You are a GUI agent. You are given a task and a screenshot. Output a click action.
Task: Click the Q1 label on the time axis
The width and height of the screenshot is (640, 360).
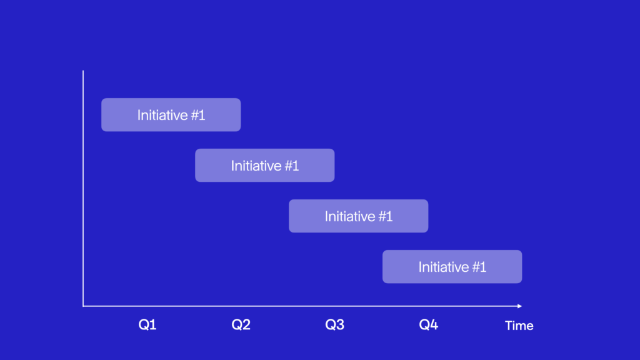pyautogui.click(x=147, y=324)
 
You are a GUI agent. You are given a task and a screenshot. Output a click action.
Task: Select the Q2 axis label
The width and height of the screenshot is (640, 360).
pyautogui.click(x=241, y=324)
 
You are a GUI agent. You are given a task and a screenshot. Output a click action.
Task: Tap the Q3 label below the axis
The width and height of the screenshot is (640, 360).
pyautogui.click(x=335, y=324)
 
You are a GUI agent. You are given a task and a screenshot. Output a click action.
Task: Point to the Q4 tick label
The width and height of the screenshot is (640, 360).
pyautogui.click(x=429, y=324)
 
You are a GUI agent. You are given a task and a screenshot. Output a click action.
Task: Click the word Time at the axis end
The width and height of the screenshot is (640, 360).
pyautogui.click(x=519, y=325)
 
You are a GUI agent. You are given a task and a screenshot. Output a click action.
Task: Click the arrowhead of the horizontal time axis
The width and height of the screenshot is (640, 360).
pyautogui.click(x=519, y=306)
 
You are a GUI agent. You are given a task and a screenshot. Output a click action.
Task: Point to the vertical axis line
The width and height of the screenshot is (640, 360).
pyautogui.click(x=83, y=188)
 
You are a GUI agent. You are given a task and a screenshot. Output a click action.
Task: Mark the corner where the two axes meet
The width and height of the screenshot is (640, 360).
pyautogui.click(x=83, y=306)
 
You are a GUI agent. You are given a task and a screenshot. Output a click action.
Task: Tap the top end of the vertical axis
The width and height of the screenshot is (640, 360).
pyautogui.click(x=83, y=71)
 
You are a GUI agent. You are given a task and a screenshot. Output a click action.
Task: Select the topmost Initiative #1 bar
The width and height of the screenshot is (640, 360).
pyautogui.click(x=171, y=115)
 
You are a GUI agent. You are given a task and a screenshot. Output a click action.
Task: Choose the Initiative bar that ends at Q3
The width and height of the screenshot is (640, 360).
pyautogui.click(x=265, y=165)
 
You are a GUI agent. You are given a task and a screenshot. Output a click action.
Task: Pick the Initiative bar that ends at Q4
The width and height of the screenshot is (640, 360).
pyautogui.click(x=358, y=216)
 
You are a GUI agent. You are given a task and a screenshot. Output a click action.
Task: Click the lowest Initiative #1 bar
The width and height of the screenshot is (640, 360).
pyautogui.click(x=452, y=266)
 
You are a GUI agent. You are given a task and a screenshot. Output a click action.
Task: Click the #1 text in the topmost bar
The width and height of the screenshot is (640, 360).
pyautogui.click(x=197, y=115)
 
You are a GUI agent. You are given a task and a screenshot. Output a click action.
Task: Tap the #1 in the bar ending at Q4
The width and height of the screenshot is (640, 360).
pyautogui.click(x=384, y=216)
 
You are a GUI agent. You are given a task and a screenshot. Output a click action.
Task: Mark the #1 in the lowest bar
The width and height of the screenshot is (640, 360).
pyautogui.click(x=478, y=267)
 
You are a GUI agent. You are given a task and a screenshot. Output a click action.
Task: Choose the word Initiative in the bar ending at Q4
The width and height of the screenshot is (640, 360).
pyautogui.click(x=349, y=216)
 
